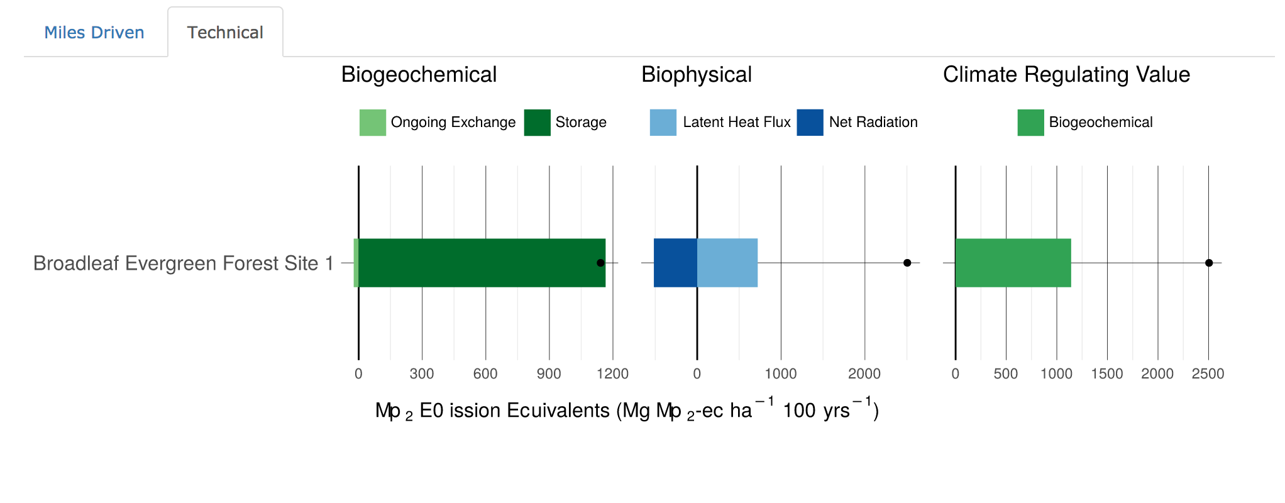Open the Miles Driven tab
[94, 33]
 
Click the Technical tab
[225, 33]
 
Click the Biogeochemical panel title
[419, 75]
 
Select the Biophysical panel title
[697, 75]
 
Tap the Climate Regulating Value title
[1066, 75]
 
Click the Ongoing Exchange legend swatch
[372, 123]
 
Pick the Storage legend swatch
[537, 123]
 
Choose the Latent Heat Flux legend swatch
[663, 123]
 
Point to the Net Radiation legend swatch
[810, 123]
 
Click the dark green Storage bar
[478, 263]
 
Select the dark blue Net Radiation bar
[675, 263]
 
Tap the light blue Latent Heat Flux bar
[727, 263]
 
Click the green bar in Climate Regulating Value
[1013, 263]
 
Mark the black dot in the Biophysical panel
[907, 263]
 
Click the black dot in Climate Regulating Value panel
[1209, 263]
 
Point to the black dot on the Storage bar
[600, 263]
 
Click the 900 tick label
[549, 374]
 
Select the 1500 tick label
[1107, 374]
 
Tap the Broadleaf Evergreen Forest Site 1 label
[183, 263]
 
